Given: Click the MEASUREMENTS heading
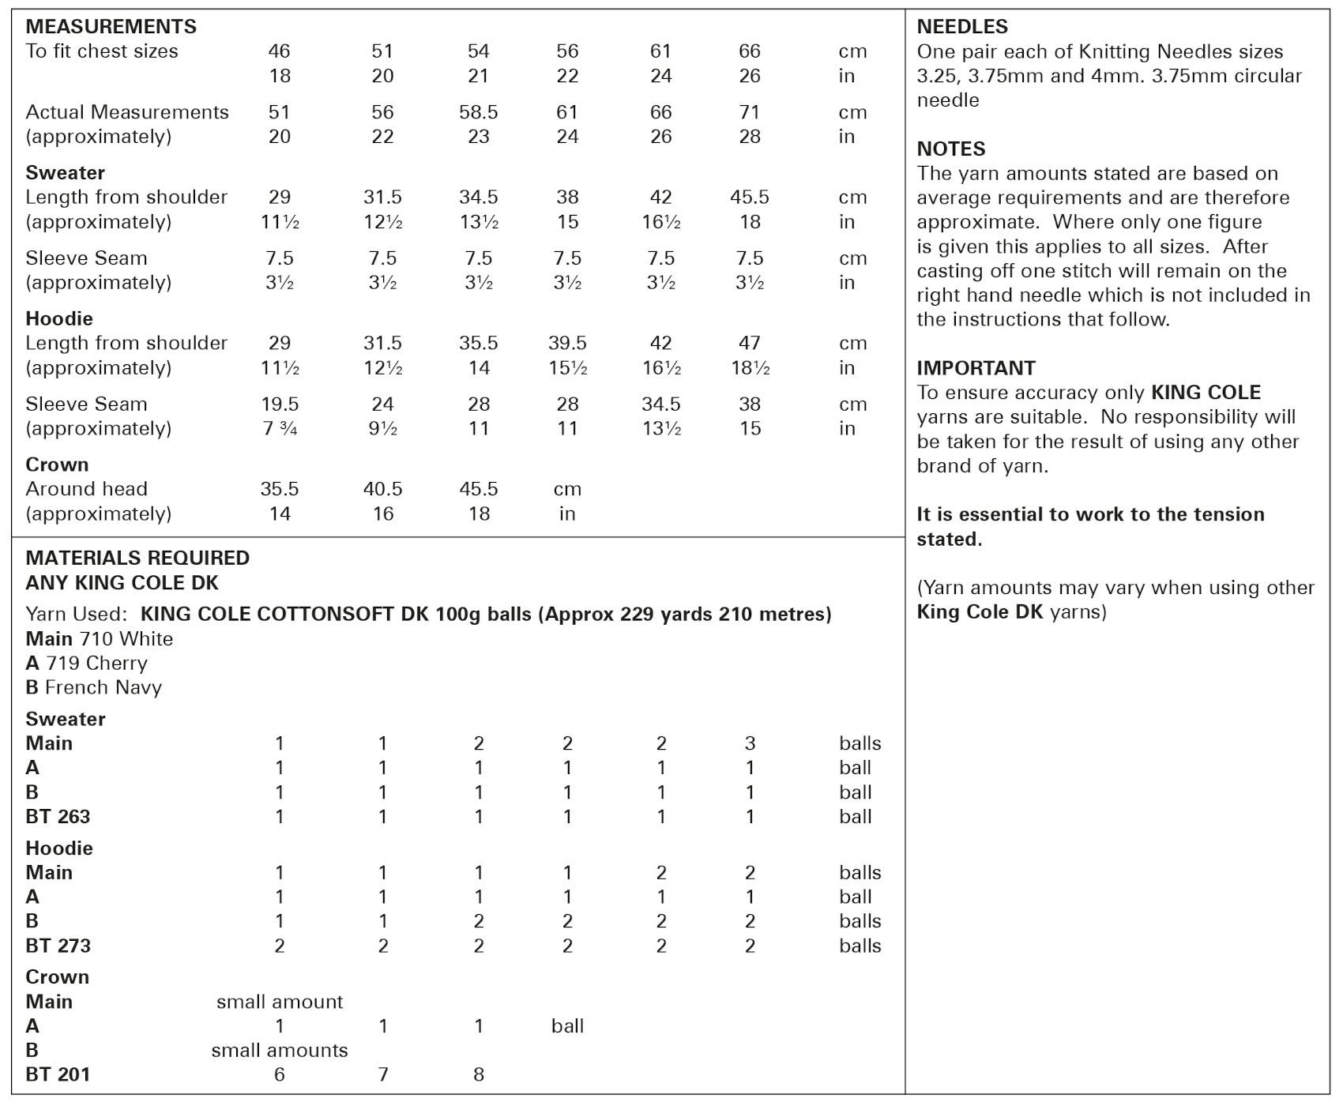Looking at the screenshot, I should (x=111, y=26).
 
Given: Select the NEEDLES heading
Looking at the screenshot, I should (x=961, y=26).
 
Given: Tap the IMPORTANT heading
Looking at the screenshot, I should (x=976, y=368).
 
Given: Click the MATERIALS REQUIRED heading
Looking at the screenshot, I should (x=137, y=558).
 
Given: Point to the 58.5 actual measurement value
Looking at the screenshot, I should (x=478, y=112).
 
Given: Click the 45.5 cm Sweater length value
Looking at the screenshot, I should (x=749, y=197).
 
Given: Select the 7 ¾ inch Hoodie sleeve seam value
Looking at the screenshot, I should (x=280, y=428).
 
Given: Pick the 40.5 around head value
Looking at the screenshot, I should (x=382, y=489).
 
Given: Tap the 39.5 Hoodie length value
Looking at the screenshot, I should (x=567, y=343).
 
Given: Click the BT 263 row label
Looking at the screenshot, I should (x=58, y=816).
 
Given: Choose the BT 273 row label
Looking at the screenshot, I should (x=58, y=946).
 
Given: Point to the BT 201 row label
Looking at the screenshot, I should (x=58, y=1074).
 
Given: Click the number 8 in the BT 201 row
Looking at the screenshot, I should (x=478, y=1074).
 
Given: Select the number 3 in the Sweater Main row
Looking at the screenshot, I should (x=749, y=743).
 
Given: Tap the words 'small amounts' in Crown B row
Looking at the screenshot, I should (x=280, y=1050).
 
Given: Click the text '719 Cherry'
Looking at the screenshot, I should (x=96, y=663).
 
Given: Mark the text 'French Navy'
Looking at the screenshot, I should (x=103, y=687).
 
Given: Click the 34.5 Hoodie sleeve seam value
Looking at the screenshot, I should (x=660, y=404).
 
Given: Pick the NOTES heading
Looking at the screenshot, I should (x=950, y=149).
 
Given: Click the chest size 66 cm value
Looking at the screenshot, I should (x=749, y=51).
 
